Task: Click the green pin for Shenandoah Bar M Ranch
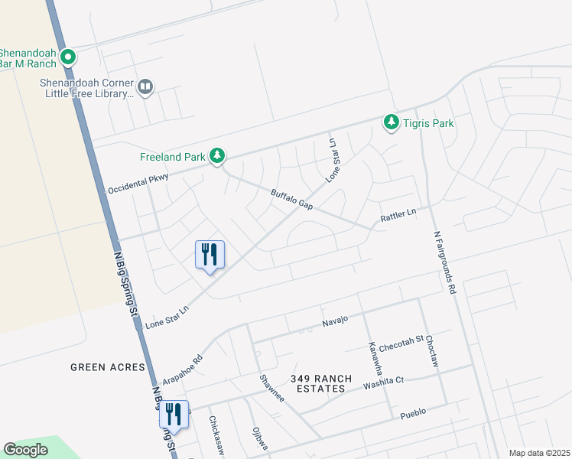[x=68, y=56]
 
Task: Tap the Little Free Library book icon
[x=146, y=86]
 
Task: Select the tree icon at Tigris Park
[x=392, y=122]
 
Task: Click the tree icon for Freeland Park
[x=218, y=156]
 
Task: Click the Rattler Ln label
[x=398, y=216]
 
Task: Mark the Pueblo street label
[x=413, y=412]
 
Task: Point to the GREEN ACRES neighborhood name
[x=108, y=367]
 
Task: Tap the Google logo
[x=25, y=450]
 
